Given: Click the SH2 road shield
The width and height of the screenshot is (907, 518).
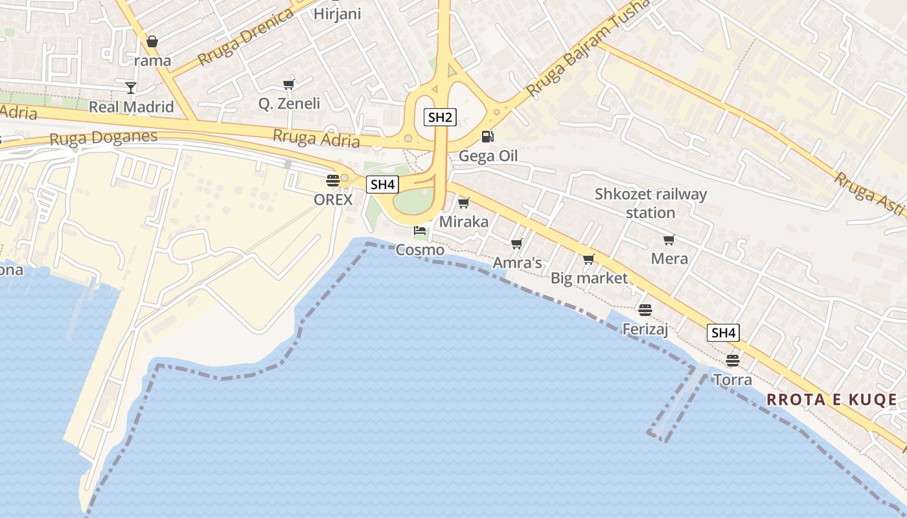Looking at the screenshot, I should click(x=441, y=117).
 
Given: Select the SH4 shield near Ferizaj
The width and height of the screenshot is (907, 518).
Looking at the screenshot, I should click(x=723, y=333).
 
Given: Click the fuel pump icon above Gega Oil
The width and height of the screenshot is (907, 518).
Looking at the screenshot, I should click(x=487, y=137).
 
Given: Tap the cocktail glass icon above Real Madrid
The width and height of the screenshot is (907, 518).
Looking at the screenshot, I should click(x=132, y=87).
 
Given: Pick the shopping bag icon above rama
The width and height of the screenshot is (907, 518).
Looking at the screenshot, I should click(x=152, y=41).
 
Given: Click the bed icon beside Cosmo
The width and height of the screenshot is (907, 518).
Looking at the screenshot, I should click(x=420, y=230).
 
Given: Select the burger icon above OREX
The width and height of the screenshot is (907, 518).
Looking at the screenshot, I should click(x=333, y=180).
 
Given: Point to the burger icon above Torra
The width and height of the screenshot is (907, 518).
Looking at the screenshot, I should click(x=733, y=360).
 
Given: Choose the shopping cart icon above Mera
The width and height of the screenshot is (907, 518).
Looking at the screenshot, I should click(x=669, y=240).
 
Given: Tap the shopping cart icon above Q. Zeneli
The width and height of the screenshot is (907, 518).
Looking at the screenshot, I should click(x=289, y=84).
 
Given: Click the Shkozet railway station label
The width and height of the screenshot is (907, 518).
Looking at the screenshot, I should click(x=651, y=203).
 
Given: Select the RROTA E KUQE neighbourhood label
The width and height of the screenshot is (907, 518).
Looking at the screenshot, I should click(x=832, y=400).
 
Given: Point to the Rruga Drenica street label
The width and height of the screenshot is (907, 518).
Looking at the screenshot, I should click(x=246, y=38).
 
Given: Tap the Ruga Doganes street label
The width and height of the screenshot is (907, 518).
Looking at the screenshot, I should click(x=104, y=138).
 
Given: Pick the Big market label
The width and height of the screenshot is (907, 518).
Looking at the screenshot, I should click(x=589, y=278).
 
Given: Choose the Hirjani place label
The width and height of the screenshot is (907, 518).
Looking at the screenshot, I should click(x=337, y=14).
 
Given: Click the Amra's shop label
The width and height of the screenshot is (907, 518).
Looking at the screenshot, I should click(x=517, y=263).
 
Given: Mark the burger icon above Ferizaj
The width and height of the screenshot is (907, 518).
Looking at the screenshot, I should click(x=645, y=310).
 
